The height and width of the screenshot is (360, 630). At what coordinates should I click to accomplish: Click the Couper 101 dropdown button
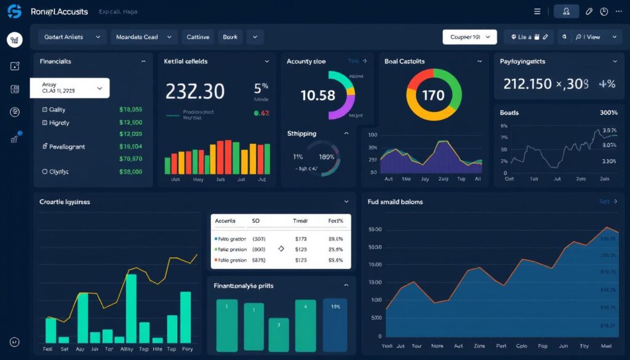(x=469, y=37)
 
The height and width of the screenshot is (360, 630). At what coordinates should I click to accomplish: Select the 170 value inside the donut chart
(x=433, y=95)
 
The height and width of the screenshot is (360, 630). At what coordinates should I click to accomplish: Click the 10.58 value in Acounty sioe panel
(x=317, y=95)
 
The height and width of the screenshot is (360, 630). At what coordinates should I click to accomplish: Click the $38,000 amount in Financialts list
(x=130, y=172)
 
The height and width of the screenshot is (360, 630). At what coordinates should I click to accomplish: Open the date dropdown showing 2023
(x=70, y=88)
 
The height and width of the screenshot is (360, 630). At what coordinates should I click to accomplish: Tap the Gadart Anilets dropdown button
(x=71, y=37)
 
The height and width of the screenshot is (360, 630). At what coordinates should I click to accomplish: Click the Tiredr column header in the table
(x=301, y=220)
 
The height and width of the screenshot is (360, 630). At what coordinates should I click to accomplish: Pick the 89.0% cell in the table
(x=335, y=239)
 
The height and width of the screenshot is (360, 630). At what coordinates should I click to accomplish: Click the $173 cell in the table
(x=301, y=239)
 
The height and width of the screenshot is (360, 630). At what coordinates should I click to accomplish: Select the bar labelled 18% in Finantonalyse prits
(x=335, y=306)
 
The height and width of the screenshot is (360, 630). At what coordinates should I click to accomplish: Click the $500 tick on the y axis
(x=375, y=247)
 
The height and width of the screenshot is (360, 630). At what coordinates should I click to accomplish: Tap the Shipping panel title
(x=301, y=134)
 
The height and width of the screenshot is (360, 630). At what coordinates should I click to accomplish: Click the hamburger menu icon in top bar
(x=537, y=11)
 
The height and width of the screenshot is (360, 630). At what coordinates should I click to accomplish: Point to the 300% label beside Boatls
(x=608, y=113)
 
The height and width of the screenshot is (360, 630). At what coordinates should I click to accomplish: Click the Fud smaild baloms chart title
(x=395, y=201)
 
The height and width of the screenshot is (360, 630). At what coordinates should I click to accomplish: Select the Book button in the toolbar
(x=230, y=37)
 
